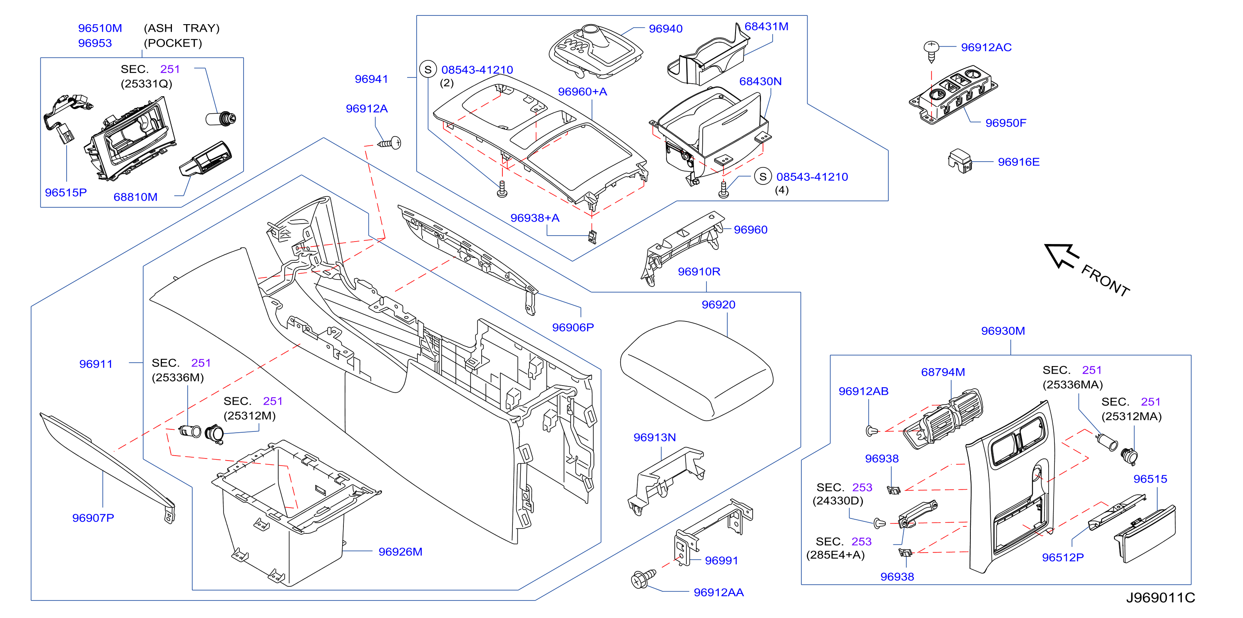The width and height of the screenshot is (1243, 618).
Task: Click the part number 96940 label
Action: [665, 29]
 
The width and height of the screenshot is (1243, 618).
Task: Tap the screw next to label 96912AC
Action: [931, 51]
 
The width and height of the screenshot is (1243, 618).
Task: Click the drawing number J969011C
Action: [1161, 598]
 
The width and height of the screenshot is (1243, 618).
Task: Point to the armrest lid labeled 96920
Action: [696, 370]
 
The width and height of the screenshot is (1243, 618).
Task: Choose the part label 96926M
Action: [400, 552]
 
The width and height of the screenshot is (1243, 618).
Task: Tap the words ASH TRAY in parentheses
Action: [182, 28]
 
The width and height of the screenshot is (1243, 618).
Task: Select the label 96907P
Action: [93, 518]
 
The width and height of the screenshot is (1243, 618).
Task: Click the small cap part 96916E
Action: [960, 160]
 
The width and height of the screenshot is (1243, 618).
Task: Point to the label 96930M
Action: [1003, 331]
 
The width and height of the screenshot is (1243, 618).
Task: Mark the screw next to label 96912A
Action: [390, 143]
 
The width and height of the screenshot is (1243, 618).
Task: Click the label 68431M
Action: [766, 27]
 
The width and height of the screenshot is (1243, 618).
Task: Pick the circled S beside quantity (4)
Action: [762, 177]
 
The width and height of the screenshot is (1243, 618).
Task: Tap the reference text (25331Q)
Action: [146, 84]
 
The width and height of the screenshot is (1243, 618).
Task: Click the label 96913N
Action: [654, 437]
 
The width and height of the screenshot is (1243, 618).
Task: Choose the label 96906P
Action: [573, 327]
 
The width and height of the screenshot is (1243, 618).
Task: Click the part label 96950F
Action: [1006, 123]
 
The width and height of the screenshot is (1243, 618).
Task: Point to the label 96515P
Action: [66, 193]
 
